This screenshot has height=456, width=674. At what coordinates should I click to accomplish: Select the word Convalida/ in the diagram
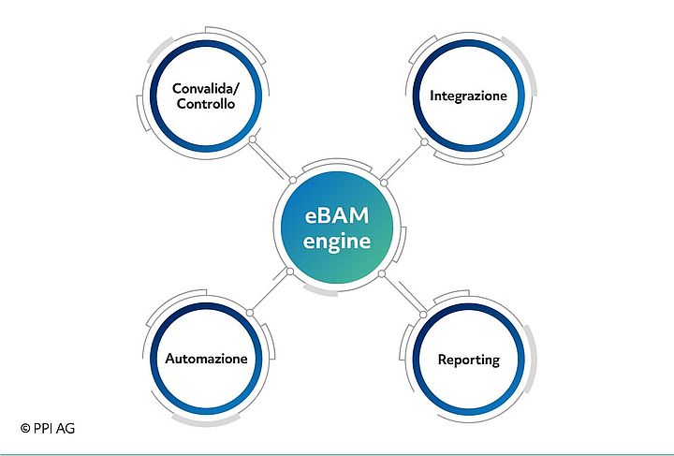[x=204, y=89]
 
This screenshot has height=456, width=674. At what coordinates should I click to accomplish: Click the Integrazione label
[x=468, y=96]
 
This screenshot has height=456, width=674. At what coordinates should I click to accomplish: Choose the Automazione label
[x=206, y=360]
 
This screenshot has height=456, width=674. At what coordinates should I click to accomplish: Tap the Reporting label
[x=468, y=360]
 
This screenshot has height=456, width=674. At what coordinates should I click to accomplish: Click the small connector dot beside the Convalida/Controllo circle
[x=252, y=141]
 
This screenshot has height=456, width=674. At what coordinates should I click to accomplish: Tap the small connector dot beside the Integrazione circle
[x=424, y=142]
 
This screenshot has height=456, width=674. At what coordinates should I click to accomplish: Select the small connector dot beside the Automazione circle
[x=249, y=312]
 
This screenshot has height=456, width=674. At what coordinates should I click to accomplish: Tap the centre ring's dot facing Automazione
[x=290, y=272]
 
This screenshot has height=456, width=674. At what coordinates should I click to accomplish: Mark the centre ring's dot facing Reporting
[x=382, y=273]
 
